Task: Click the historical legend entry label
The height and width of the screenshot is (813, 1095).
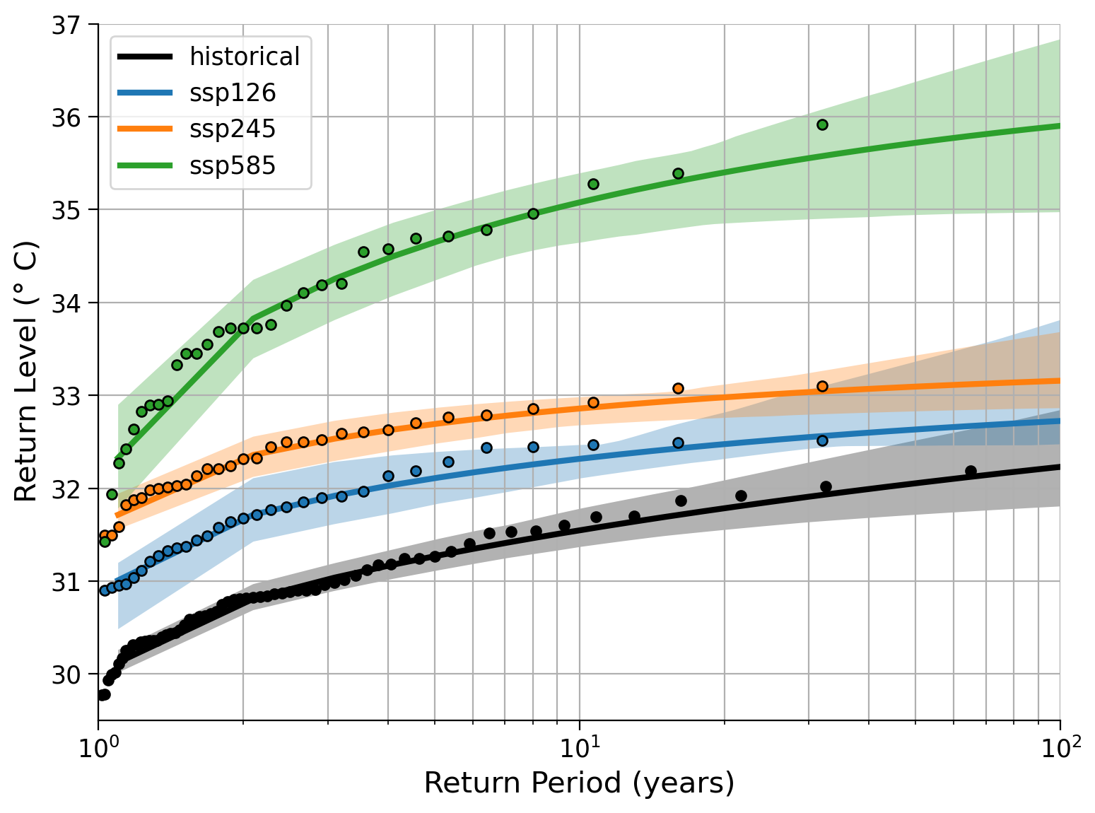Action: [x=245, y=57]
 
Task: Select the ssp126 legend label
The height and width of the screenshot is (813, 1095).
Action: [x=233, y=93]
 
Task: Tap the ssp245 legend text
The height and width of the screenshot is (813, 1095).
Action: [x=233, y=129]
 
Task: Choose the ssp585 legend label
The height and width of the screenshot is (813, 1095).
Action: [x=233, y=165]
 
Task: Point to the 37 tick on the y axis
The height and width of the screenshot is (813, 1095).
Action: [x=66, y=25]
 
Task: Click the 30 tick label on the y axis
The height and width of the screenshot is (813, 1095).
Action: [x=66, y=674]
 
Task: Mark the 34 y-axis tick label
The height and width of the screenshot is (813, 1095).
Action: [x=66, y=303]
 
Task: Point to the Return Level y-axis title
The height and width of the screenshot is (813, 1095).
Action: [x=25, y=371]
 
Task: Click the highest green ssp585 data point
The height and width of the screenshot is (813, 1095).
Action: [x=822, y=125]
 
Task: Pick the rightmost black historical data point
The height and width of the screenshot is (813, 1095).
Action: [x=971, y=472]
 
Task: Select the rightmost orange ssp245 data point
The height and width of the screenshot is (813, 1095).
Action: [x=822, y=386]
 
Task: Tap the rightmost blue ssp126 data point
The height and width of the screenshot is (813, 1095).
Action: [x=822, y=440]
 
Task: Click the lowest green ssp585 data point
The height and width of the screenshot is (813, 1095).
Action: [x=105, y=542]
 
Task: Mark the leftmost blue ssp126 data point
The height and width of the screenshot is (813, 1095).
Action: [x=105, y=591]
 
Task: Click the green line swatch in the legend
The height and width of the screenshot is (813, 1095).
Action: [x=145, y=165]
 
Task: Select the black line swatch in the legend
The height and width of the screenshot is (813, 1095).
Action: [x=145, y=57]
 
